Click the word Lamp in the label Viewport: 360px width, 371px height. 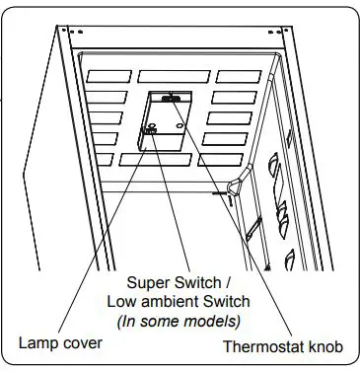[36, 342]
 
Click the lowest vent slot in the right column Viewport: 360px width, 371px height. [219, 160]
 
